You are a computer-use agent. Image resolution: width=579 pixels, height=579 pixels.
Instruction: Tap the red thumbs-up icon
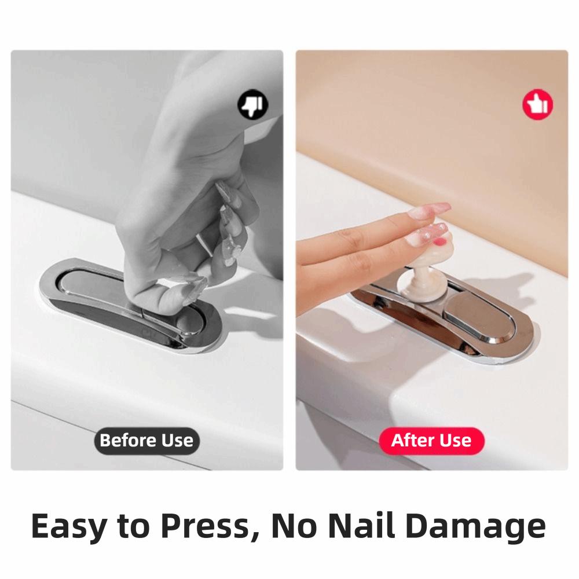point(538,105)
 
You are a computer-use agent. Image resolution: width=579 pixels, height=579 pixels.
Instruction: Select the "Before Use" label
point(146,441)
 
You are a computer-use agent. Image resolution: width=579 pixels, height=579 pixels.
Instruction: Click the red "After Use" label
point(431,441)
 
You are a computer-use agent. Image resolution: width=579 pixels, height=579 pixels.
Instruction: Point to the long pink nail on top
point(429,210)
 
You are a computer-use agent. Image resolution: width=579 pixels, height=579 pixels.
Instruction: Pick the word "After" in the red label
point(412,441)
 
